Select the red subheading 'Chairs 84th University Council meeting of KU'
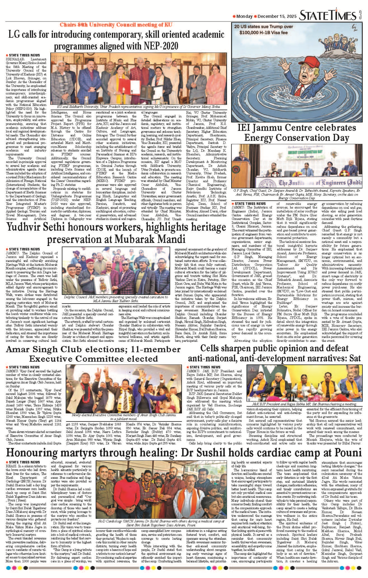pyautogui.click(x=116, y=25)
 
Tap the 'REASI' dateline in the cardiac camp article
pyautogui.click(x=11, y=466)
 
